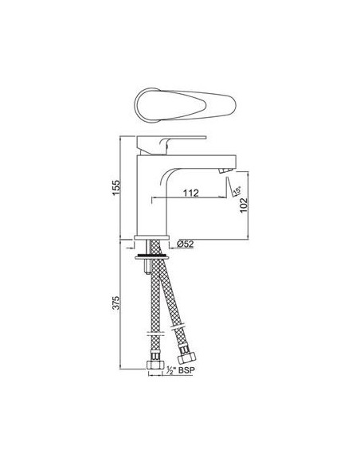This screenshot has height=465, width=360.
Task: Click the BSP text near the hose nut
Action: pyautogui.click(x=186, y=371)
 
